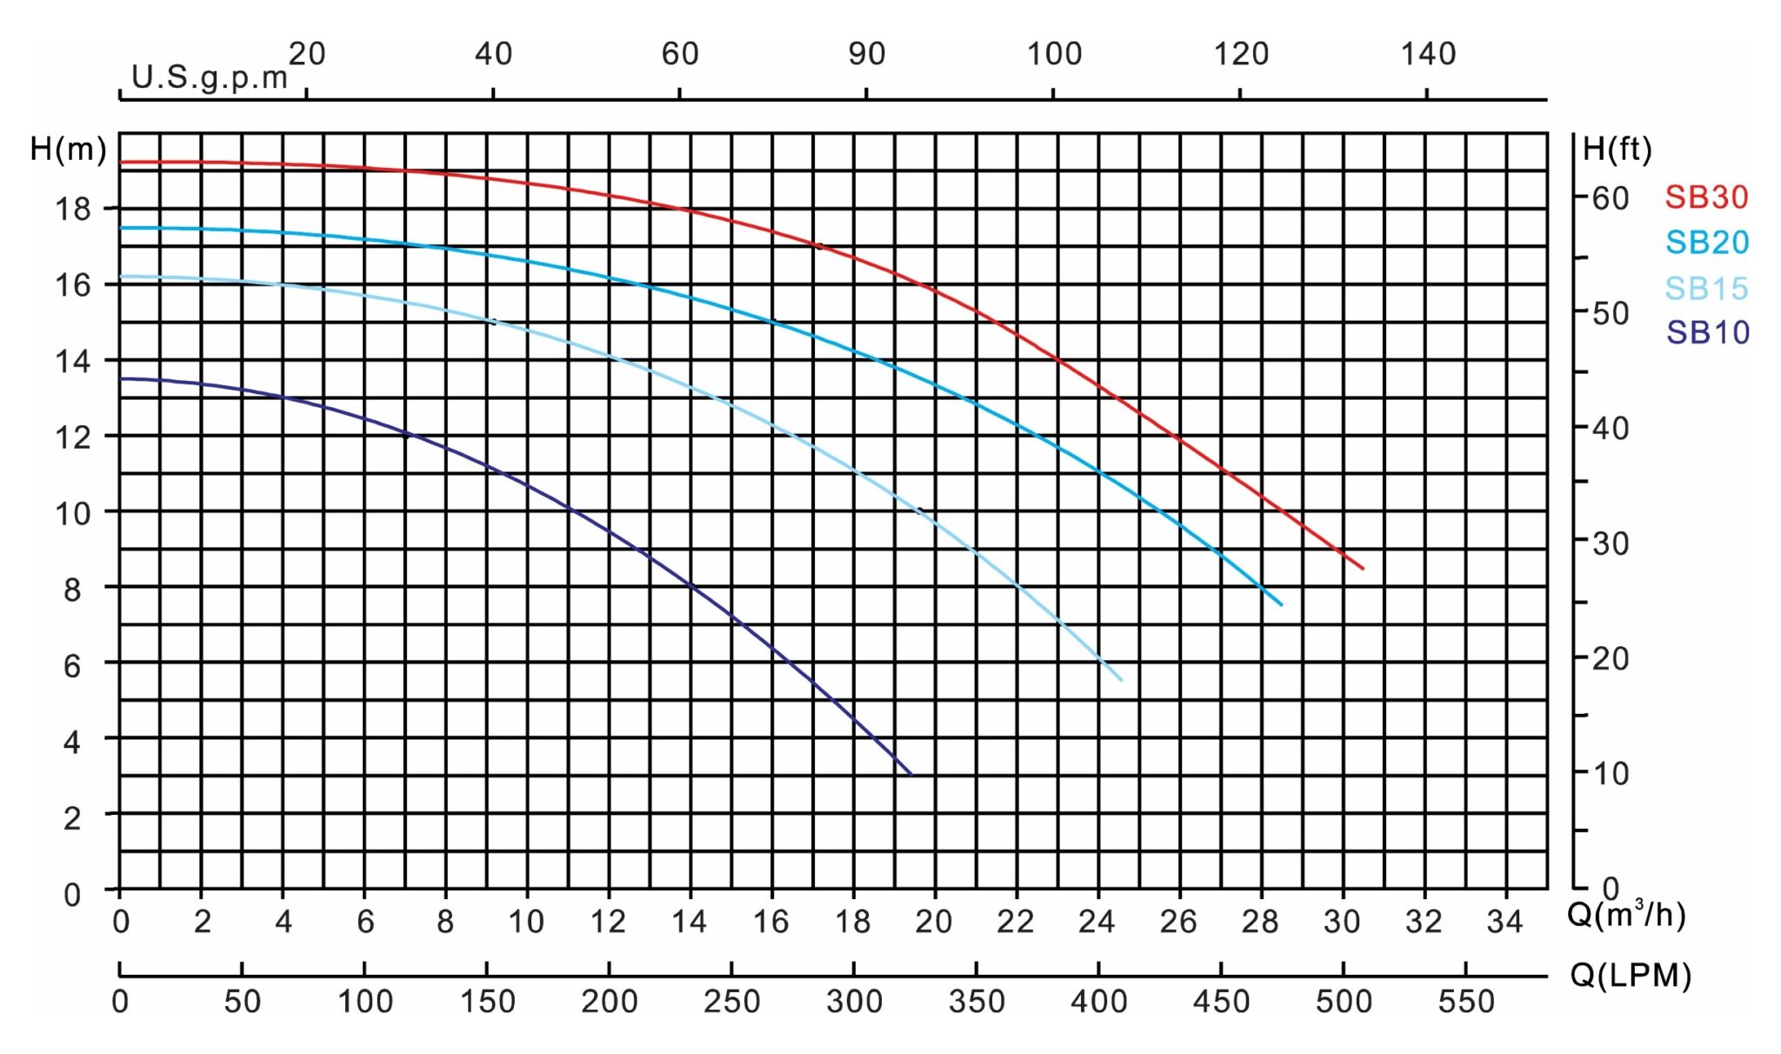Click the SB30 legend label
pyautogui.click(x=1706, y=197)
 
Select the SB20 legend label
pyautogui.click(x=1707, y=243)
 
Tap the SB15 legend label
pyautogui.click(x=1706, y=288)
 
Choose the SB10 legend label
pyautogui.click(x=1708, y=332)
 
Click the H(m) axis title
pyautogui.click(x=68, y=150)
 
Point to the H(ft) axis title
pyautogui.click(x=1617, y=150)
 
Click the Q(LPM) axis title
pyautogui.click(x=1631, y=976)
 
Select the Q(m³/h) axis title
pyautogui.click(x=1625, y=914)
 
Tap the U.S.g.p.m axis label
pyautogui.click(x=210, y=77)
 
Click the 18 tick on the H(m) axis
pyautogui.click(x=73, y=209)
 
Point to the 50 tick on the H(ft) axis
pyautogui.click(x=1611, y=313)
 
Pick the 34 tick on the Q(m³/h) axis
pyautogui.click(x=1504, y=921)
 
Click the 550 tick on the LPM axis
pyautogui.click(x=1466, y=1002)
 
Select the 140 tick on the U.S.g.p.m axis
pyautogui.click(x=1428, y=54)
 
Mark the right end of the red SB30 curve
pyautogui.click(x=1363, y=569)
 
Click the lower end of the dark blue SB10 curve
pyautogui.click(x=911, y=774)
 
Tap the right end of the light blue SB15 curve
pyautogui.click(x=1122, y=680)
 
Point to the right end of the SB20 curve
pyautogui.click(x=1282, y=604)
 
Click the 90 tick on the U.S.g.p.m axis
pyautogui.click(x=867, y=54)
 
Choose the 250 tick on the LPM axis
pyautogui.click(x=732, y=1002)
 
